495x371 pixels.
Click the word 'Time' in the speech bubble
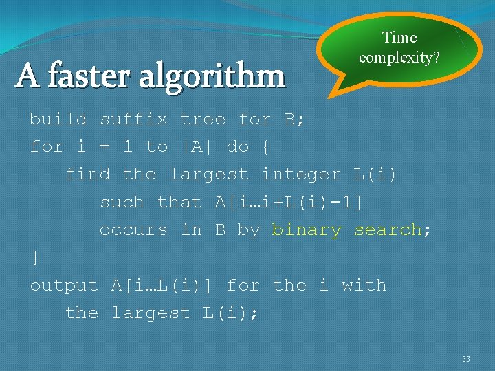(399, 38)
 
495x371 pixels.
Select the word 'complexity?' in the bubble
(399, 57)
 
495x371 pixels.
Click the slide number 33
(466, 359)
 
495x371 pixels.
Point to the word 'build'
(58, 120)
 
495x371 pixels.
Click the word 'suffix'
(133, 120)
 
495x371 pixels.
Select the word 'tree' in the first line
(203, 120)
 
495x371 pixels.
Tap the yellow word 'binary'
(307, 230)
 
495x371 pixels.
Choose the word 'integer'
(301, 175)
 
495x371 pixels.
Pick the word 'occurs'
(133, 230)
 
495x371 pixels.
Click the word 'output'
(64, 286)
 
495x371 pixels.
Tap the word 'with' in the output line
(364, 286)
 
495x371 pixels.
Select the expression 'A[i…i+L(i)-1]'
(289, 203)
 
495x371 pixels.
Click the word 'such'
(122, 203)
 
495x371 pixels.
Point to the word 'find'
(87, 175)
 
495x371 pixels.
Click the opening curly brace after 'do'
(267, 147)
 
